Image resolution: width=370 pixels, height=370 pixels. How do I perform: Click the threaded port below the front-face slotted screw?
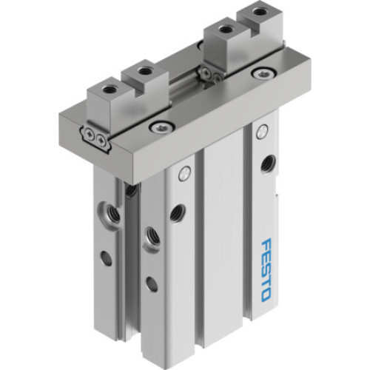coord(176,213)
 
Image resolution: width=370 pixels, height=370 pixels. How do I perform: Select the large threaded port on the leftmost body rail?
coord(110,212)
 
